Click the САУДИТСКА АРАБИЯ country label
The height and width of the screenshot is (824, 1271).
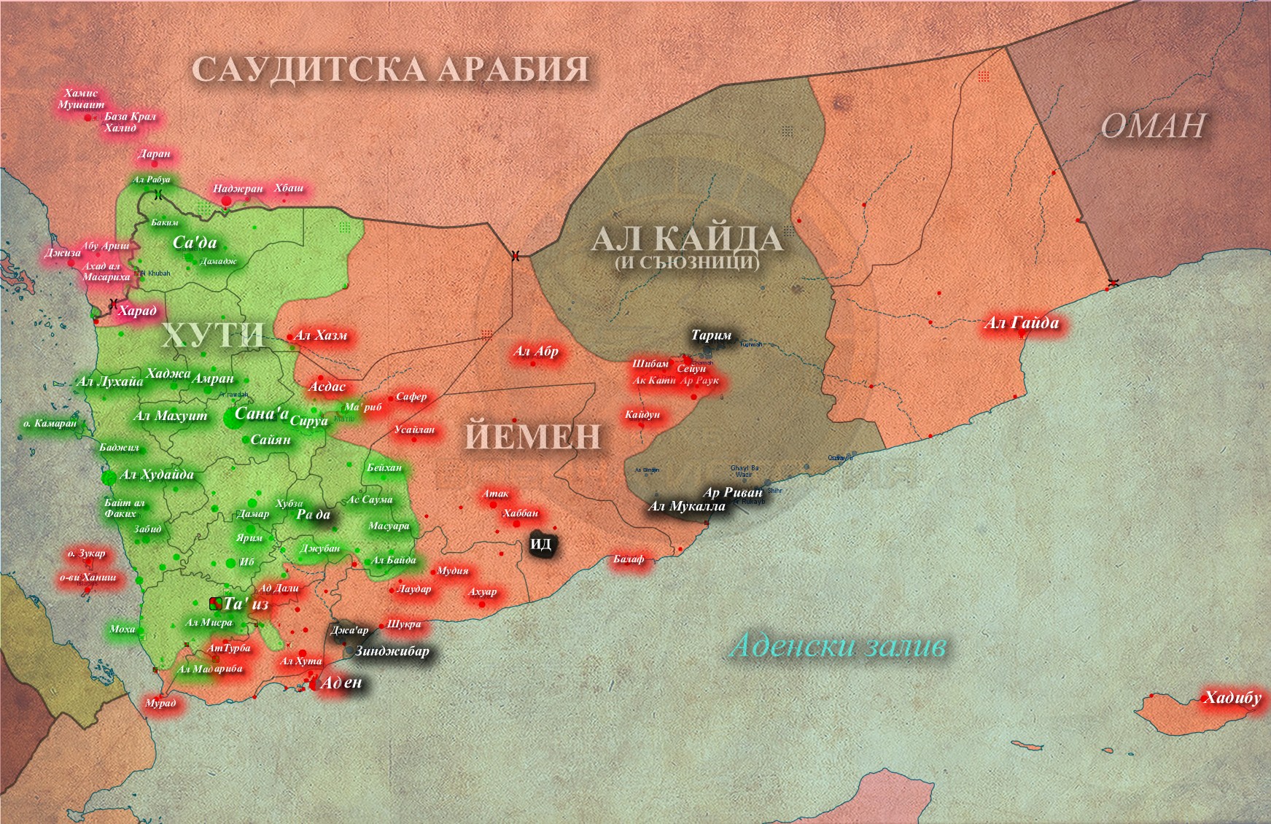click(x=390, y=70)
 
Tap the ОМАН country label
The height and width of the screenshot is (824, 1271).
click(x=1152, y=126)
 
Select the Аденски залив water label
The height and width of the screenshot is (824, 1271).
click(x=839, y=646)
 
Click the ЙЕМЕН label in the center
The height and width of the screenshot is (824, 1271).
click(x=533, y=437)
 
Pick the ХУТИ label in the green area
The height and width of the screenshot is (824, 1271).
click(x=213, y=335)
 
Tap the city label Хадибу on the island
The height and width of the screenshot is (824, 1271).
click(x=1232, y=698)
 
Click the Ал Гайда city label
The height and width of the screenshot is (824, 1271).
click(x=1021, y=323)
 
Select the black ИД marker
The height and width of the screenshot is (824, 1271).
click(x=541, y=545)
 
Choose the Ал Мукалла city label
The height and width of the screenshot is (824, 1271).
click(x=687, y=506)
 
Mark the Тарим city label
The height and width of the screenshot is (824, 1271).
click(x=711, y=335)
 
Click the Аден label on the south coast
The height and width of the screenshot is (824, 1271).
click(x=341, y=683)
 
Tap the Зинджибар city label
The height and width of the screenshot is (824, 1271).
click(x=392, y=651)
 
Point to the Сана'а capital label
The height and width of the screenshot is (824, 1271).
click(x=261, y=413)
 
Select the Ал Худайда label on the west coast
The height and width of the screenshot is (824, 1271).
click(x=157, y=475)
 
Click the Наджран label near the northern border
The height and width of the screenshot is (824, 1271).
click(x=238, y=189)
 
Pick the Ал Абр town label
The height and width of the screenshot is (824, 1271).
click(x=536, y=351)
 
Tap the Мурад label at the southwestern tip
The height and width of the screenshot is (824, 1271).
click(x=160, y=703)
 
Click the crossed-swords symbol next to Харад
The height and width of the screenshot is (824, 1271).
click(x=113, y=303)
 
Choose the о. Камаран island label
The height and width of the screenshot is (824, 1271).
click(x=50, y=423)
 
